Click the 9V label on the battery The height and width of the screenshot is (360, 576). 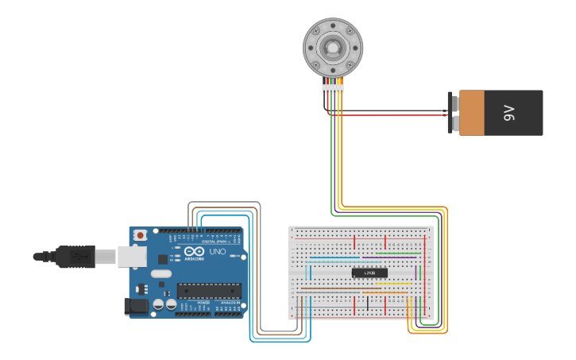509,113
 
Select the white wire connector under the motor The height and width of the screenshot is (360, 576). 333,88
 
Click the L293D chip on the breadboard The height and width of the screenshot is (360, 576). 369,273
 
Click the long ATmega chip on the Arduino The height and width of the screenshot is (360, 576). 208,293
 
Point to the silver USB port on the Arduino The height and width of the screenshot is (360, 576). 132,256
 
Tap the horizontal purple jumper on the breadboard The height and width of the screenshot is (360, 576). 389,257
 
